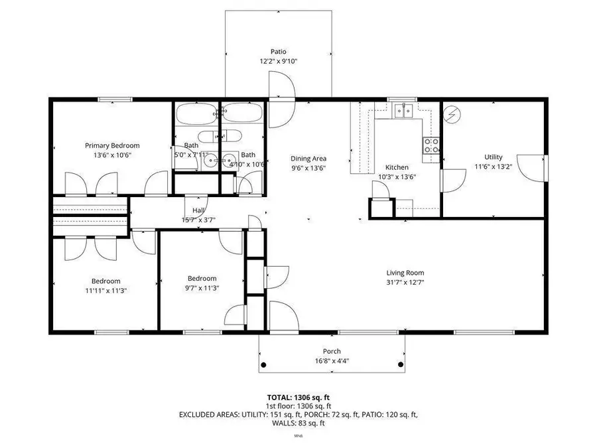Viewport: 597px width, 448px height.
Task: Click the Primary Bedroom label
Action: [112, 145]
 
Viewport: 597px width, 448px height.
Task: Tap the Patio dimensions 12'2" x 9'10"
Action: [278, 61]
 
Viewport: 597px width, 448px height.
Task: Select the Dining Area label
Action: [308, 159]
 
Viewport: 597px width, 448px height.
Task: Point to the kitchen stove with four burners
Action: [432, 145]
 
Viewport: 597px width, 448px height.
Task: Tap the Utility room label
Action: [493, 157]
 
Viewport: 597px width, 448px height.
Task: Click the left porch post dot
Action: [263, 364]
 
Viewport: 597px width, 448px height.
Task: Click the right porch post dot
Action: [400, 364]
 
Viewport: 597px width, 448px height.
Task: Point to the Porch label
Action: [332, 351]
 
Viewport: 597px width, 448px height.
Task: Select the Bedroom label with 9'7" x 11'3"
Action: [202, 278]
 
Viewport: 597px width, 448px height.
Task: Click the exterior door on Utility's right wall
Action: [532, 167]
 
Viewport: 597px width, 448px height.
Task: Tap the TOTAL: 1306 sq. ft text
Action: [298, 397]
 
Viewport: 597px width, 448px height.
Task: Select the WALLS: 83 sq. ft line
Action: [298, 423]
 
